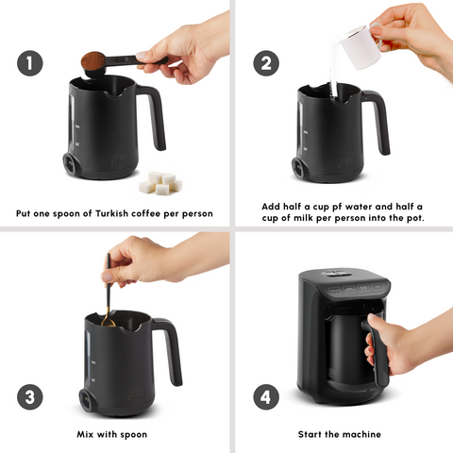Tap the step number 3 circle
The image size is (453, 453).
coord(29,396)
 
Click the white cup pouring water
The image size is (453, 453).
coord(357,45)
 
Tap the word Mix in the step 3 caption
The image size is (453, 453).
coord(88,434)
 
